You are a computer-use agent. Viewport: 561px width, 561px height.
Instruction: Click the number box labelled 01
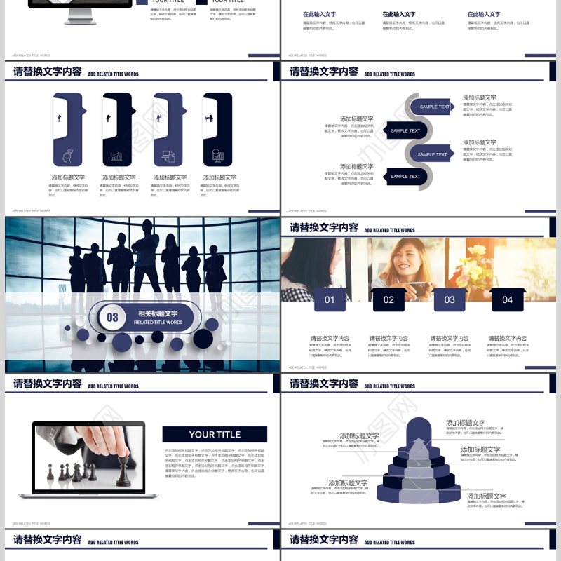tap(330, 299)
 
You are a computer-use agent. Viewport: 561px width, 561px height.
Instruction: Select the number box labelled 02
tap(388, 299)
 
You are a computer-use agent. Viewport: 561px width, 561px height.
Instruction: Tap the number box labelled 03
tap(450, 299)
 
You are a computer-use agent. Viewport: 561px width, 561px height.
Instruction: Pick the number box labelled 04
tap(507, 299)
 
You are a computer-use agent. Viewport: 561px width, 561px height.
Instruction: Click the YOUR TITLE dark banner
tap(215, 434)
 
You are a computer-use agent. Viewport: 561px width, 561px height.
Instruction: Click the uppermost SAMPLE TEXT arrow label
tap(433, 107)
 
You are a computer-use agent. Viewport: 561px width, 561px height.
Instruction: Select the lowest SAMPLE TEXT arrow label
tap(406, 177)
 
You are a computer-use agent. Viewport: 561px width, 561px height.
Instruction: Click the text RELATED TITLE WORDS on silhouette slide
tap(158, 323)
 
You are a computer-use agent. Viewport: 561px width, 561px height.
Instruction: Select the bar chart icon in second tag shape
tap(117, 156)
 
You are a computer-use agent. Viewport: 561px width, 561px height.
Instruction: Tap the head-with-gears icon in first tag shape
tap(68, 156)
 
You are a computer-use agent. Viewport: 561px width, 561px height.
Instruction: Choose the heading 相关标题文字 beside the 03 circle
tap(158, 313)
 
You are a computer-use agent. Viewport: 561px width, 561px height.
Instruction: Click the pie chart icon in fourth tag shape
tap(218, 156)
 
